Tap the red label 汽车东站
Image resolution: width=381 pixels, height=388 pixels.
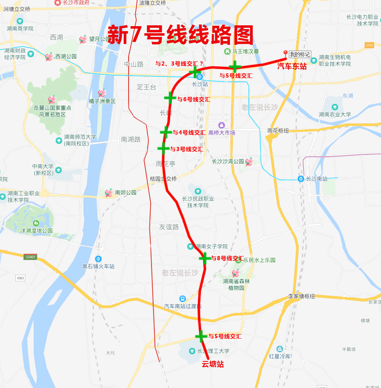coord(292,66)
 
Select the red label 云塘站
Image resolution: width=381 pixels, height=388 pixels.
coord(212,364)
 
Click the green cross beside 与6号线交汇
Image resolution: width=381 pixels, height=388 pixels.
coord(169,97)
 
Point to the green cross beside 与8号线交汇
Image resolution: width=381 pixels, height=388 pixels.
coord(205,258)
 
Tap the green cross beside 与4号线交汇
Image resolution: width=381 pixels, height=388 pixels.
coord(166,132)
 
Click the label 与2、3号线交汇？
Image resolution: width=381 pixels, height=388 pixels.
coord(179,63)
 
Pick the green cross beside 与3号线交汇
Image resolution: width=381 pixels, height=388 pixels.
coord(163,148)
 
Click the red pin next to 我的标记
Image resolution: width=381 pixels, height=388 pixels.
coord(285,53)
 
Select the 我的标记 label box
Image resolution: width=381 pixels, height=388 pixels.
coord(300,54)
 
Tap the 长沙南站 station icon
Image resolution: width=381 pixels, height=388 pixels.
coord(301,179)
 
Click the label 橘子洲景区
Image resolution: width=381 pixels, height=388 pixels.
coord(102,101)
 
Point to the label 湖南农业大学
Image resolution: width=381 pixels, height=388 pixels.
coord(335,115)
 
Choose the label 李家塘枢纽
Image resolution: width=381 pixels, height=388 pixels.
coord(301,296)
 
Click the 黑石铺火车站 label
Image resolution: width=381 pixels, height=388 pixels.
coord(98,266)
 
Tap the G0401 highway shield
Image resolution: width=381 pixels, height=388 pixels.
coord(31,257)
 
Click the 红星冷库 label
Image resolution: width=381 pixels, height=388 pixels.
coord(280,356)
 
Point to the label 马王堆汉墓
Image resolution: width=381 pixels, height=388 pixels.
coord(245,51)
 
